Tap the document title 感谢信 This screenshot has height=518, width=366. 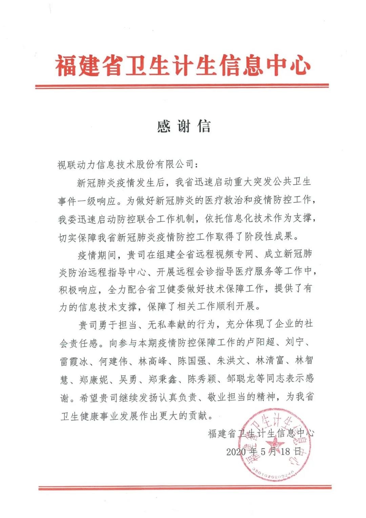tap(184, 126)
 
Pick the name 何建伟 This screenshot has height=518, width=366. tap(113, 361)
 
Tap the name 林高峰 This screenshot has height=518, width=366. tap(152, 361)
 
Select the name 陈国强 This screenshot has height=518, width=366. tap(192, 361)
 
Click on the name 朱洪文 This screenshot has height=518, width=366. tap(231, 361)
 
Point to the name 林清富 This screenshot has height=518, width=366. tap(270, 361)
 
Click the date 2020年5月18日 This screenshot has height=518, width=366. tap(264, 451)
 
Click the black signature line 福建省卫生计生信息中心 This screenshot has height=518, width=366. tap(261, 433)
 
